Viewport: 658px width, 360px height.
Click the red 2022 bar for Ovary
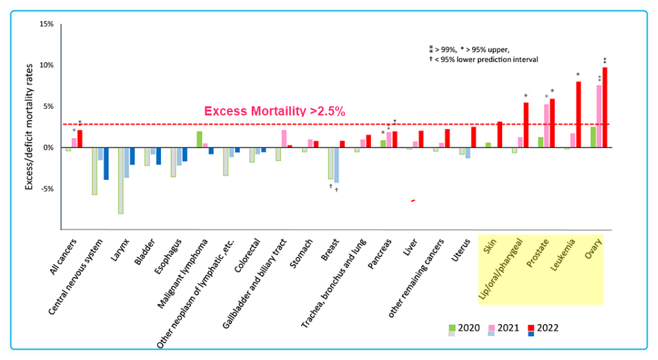pos(605,108)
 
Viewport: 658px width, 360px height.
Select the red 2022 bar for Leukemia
pos(578,115)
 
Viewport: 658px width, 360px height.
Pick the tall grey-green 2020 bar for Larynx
pos(121,181)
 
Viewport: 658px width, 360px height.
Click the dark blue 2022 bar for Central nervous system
pos(106,164)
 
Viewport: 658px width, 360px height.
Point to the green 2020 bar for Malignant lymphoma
pos(200,140)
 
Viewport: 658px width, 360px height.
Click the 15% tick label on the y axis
pos(46,24)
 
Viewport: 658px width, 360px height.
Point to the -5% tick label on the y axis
pos(46,189)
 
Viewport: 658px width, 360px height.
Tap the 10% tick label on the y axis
pos(46,65)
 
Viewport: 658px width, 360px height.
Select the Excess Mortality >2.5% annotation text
pos(275,112)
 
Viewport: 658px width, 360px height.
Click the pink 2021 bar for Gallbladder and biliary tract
pos(284,139)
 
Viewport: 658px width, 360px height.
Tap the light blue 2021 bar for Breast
pos(336,165)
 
